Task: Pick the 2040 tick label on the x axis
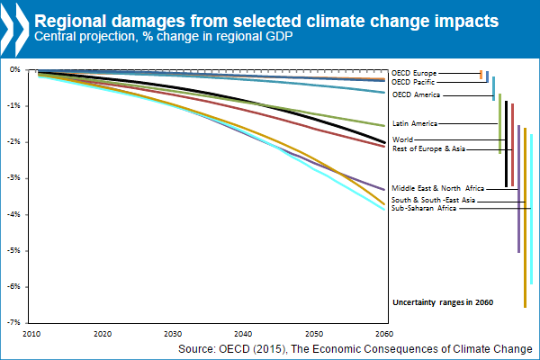coord(245,333)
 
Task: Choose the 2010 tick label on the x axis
coord(31,333)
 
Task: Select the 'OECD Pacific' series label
coord(416,82)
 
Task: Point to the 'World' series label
coord(403,139)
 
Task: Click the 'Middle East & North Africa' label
coord(438,188)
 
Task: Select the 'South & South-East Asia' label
coord(434,200)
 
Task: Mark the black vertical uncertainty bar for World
coord(506,144)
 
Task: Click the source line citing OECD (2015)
coord(355,348)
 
